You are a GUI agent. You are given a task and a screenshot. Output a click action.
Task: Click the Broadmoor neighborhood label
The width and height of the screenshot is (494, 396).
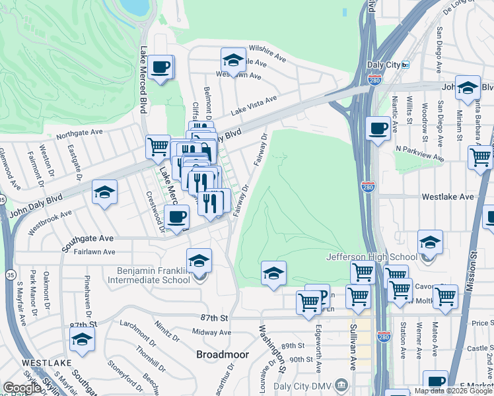[x=223, y=354]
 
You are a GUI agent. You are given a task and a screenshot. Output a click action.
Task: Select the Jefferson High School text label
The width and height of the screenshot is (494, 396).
[x=372, y=257]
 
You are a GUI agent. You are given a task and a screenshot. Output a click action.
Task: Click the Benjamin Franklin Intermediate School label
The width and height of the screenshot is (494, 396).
[x=153, y=275]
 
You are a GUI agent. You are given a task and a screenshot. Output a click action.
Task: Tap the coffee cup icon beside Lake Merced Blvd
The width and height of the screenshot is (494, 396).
[x=161, y=67]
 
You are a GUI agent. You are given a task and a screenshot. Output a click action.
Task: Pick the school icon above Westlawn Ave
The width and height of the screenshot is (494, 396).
[x=232, y=61]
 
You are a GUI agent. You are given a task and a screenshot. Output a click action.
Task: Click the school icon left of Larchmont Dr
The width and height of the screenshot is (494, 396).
[x=82, y=339]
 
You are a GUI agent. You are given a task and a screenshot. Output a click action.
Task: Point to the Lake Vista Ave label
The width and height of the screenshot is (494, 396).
[x=254, y=103]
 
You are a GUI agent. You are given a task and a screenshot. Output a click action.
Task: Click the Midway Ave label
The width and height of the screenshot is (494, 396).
[x=211, y=332]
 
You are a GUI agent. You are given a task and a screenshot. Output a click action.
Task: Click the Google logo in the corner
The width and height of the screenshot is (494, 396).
[x=22, y=388]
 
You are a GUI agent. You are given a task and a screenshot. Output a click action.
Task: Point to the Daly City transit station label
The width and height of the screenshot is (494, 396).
[x=384, y=65]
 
